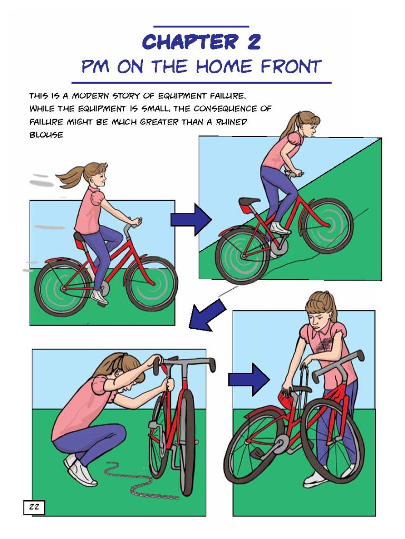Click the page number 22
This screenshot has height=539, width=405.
[x=34, y=506]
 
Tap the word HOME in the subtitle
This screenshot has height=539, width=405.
[x=225, y=67]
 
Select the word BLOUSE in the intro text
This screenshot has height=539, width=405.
[x=46, y=135]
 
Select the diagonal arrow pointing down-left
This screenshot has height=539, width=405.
[x=207, y=315]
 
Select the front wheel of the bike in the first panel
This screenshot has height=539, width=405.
[x=151, y=284]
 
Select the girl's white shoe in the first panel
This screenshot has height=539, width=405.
[x=100, y=297]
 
